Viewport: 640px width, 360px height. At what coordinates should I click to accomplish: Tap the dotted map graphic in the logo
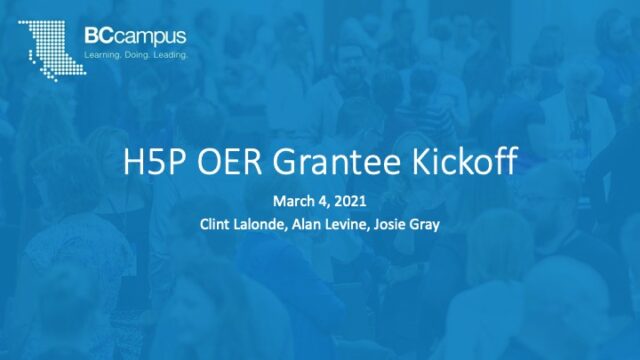click(x=46, y=44)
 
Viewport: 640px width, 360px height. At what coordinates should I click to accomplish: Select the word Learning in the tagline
click(x=104, y=54)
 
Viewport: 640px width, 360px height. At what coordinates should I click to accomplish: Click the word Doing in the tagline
click(x=139, y=54)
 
